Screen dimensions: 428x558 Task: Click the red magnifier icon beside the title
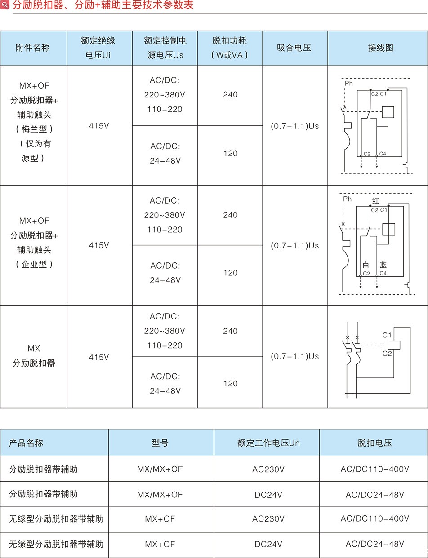click(4, 4)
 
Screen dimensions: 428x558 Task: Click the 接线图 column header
click(380, 48)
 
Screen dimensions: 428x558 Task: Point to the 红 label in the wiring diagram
click(375, 201)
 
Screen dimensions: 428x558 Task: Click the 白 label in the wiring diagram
click(366, 265)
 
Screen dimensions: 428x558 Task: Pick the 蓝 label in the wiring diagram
click(383, 265)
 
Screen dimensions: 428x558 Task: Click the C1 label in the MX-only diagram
click(387, 335)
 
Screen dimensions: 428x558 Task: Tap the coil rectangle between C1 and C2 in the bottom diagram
click(394, 345)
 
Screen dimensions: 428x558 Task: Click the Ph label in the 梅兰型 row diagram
click(349, 84)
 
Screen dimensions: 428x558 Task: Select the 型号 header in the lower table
click(160, 443)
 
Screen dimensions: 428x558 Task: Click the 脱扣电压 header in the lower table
click(375, 443)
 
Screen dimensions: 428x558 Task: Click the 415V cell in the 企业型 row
click(99, 245)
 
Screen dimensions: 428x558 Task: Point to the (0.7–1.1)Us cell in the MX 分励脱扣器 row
click(294, 356)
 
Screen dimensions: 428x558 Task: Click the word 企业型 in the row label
click(34, 264)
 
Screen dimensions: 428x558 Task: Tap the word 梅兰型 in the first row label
click(34, 129)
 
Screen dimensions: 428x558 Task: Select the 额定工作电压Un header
click(268, 443)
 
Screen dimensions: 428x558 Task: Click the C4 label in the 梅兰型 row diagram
click(383, 154)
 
